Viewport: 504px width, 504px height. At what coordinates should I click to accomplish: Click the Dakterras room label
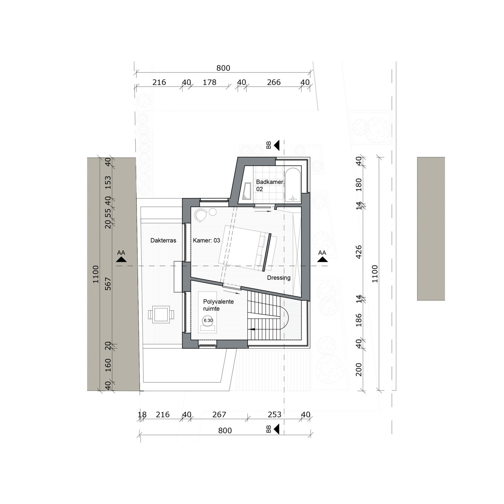[x=163, y=240]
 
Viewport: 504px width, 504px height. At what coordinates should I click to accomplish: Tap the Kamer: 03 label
[x=206, y=240]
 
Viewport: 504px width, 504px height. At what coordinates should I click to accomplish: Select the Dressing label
[x=278, y=278]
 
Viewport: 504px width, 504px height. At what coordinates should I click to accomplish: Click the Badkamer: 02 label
[x=270, y=186]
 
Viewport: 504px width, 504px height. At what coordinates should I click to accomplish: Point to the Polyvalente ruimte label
[x=218, y=305]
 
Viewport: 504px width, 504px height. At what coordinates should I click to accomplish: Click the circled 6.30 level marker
[x=208, y=321]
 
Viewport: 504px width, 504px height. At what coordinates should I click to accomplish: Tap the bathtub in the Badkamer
[x=293, y=185]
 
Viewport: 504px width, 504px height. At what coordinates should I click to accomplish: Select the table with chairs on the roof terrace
[x=160, y=314]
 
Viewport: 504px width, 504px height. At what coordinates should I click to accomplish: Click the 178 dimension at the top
[x=209, y=82]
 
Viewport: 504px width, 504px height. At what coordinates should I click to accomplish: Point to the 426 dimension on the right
[x=358, y=252]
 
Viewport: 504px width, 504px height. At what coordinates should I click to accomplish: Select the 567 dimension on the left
[x=108, y=283]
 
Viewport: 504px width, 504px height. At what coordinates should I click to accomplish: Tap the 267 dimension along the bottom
[x=219, y=415]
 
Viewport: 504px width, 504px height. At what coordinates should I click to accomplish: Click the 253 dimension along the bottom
[x=274, y=415]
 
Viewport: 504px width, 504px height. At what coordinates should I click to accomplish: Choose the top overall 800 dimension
[x=223, y=68]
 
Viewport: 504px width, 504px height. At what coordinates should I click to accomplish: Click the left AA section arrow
[x=121, y=259]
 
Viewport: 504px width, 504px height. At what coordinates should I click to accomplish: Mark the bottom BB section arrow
[x=277, y=429]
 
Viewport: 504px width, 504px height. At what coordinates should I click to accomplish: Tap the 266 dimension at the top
[x=274, y=82]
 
